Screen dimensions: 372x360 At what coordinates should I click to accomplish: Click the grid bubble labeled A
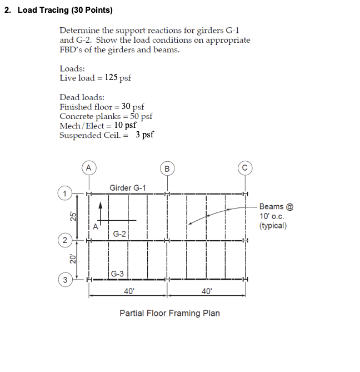pyautogui.click(x=88, y=166)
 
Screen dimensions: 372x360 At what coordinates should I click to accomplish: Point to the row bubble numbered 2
pyautogui.click(x=65, y=241)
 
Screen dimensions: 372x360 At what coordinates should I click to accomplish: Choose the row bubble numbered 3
pyautogui.click(x=65, y=279)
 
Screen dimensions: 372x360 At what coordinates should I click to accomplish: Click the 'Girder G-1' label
pyautogui.click(x=128, y=188)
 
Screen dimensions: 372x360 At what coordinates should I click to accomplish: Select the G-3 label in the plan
pyautogui.click(x=117, y=274)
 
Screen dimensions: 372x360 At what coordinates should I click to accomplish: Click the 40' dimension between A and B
pyautogui.click(x=129, y=291)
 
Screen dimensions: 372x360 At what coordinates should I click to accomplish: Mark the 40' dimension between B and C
pyautogui.click(x=206, y=291)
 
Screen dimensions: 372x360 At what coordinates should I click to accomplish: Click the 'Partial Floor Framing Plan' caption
pyautogui.click(x=169, y=313)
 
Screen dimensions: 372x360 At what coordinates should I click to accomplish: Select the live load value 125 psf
pyautogui.click(x=118, y=78)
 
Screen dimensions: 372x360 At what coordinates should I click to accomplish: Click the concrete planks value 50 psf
pyautogui.click(x=141, y=116)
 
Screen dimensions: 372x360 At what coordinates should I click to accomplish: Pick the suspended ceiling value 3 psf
pyautogui.click(x=144, y=135)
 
